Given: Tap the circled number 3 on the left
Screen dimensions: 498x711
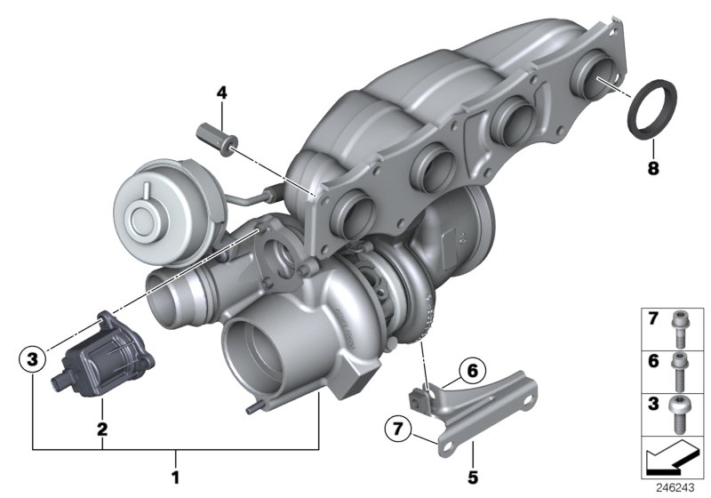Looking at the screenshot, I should pos(33,360).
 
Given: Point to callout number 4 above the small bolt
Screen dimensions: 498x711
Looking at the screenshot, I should pos(221,92).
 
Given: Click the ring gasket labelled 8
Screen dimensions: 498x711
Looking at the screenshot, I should pos(651,109).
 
